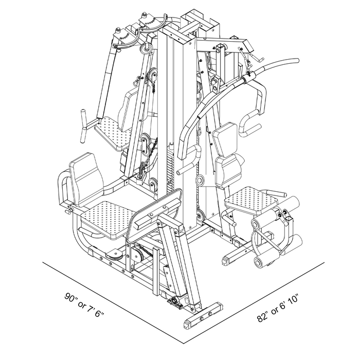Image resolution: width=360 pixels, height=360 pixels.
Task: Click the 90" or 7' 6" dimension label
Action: click(x=84, y=304)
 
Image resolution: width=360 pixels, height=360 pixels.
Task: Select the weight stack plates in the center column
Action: click(x=171, y=170)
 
